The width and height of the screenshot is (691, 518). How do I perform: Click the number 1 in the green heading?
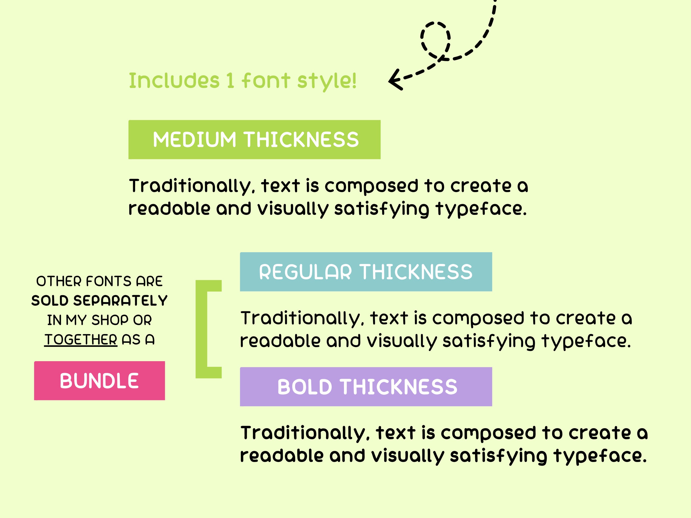tap(230, 81)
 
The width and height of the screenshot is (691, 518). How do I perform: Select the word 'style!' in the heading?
tap(327, 81)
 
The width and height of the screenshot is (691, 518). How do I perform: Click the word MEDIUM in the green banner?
tap(194, 140)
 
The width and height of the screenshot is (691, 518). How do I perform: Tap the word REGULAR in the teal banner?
tap(305, 272)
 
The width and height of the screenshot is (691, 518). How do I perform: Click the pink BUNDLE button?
tap(99, 381)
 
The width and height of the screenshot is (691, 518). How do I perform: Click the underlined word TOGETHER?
tap(81, 340)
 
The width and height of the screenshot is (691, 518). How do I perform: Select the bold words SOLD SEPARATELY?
tap(99, 301)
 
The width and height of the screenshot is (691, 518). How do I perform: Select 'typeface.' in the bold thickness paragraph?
tap(600, 456)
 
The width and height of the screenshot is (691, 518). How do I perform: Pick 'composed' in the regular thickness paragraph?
tap(478, 319)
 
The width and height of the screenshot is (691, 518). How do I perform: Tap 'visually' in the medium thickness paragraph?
tap(293, 209)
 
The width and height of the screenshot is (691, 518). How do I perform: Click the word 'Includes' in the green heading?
tap(174, 81)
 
